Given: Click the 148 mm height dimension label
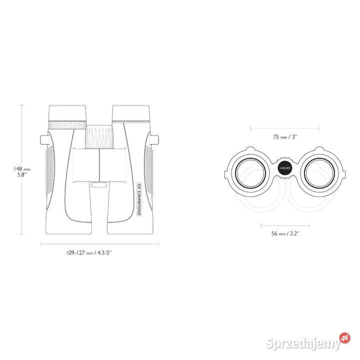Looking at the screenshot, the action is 22,171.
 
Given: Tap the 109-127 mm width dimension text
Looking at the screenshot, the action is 89,253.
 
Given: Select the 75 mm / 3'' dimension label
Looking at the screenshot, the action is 285,137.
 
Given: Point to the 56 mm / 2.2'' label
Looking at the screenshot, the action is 285,233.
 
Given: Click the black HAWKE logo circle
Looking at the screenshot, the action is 284,168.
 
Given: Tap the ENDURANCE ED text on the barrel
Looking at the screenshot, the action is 139,199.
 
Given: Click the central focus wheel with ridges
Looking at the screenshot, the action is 99,137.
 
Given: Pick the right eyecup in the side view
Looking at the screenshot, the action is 131,113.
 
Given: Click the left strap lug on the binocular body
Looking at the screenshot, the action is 43,139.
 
